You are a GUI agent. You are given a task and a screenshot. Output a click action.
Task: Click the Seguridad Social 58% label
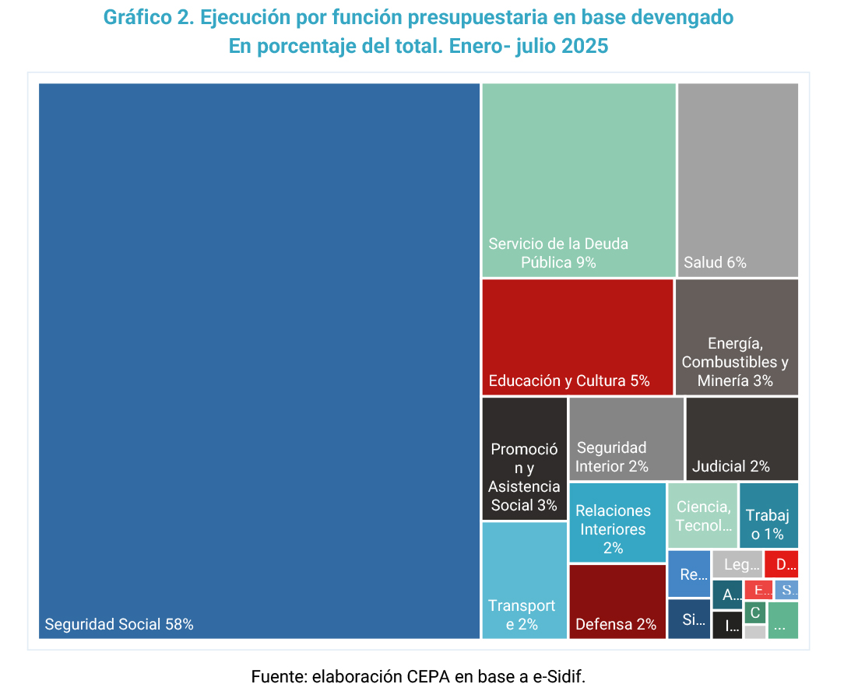point(119,624)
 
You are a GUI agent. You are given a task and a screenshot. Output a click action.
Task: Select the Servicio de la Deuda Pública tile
point(578,179)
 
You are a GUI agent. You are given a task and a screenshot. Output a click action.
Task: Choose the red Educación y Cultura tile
point(577,336)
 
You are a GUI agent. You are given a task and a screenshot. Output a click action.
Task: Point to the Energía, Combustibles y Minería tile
point(736,337)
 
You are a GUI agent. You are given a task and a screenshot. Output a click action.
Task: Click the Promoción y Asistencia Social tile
point(524,459)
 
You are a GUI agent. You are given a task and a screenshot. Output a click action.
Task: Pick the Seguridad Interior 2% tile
point(626,439)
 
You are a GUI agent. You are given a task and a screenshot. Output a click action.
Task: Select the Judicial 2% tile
point(741,439)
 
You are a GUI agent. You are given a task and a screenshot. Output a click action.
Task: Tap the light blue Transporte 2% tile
point(524,580)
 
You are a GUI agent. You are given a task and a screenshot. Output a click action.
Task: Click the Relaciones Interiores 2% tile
point(617,522)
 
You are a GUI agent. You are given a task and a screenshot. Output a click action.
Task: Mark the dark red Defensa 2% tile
point(617,602)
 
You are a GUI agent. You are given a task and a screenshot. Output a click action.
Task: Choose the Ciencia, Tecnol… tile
point(702,515)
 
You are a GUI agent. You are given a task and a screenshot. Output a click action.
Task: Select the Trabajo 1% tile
point(768,515)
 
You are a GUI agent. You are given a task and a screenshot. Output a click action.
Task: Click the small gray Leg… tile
point(737,564)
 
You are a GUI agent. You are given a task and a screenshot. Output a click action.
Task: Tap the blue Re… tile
point(689,574)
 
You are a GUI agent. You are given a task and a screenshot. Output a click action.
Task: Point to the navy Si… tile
point(689,619)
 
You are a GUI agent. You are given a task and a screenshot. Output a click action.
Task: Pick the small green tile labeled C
point(754,612)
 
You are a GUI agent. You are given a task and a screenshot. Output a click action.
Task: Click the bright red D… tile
point(781,564)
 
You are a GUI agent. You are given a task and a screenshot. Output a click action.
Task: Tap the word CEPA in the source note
point(427,676)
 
